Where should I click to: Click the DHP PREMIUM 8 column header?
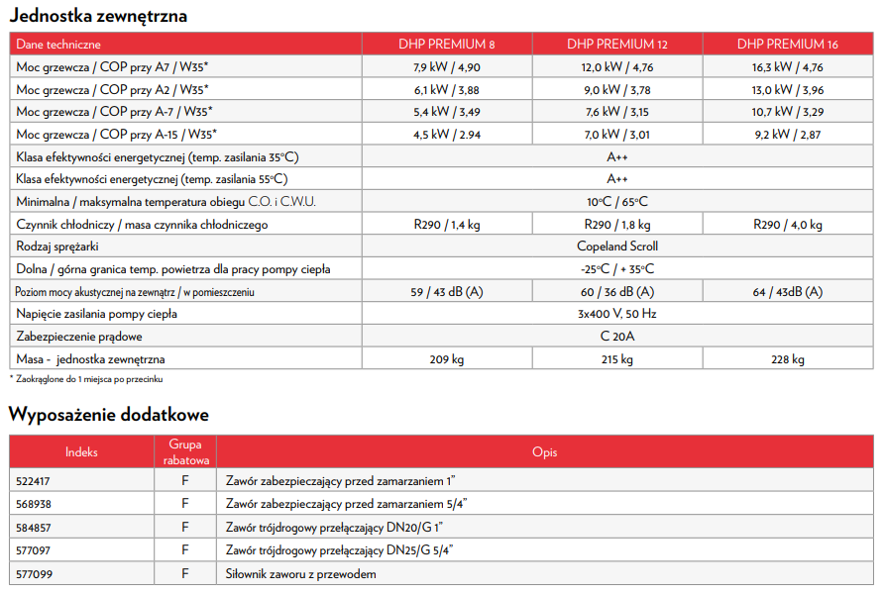tap(447, 45)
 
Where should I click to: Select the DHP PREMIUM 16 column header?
tap(787, 45)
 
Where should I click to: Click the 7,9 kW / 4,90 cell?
tap(447, 67)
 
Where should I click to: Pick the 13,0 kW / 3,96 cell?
tap(787, 89)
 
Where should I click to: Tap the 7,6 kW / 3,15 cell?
tap(617, 112)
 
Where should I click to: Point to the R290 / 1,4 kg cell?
tap(447, 225)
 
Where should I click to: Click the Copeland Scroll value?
tap(617, 247)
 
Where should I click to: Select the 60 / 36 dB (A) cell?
tap(617, 292)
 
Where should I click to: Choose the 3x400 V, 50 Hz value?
tap(617, 314)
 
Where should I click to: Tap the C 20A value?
tap(617, 337)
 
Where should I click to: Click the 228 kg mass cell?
tap(787, 359)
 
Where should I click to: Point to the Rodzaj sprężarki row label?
tap(57, 247)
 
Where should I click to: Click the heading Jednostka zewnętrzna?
tap(98, 16)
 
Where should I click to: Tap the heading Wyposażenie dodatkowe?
tap(109, 415)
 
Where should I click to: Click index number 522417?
tap(35, 480)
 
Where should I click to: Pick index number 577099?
tap(35, 574)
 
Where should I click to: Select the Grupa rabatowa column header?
tap(185, 452)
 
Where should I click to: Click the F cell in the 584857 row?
tap(185, 528)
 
